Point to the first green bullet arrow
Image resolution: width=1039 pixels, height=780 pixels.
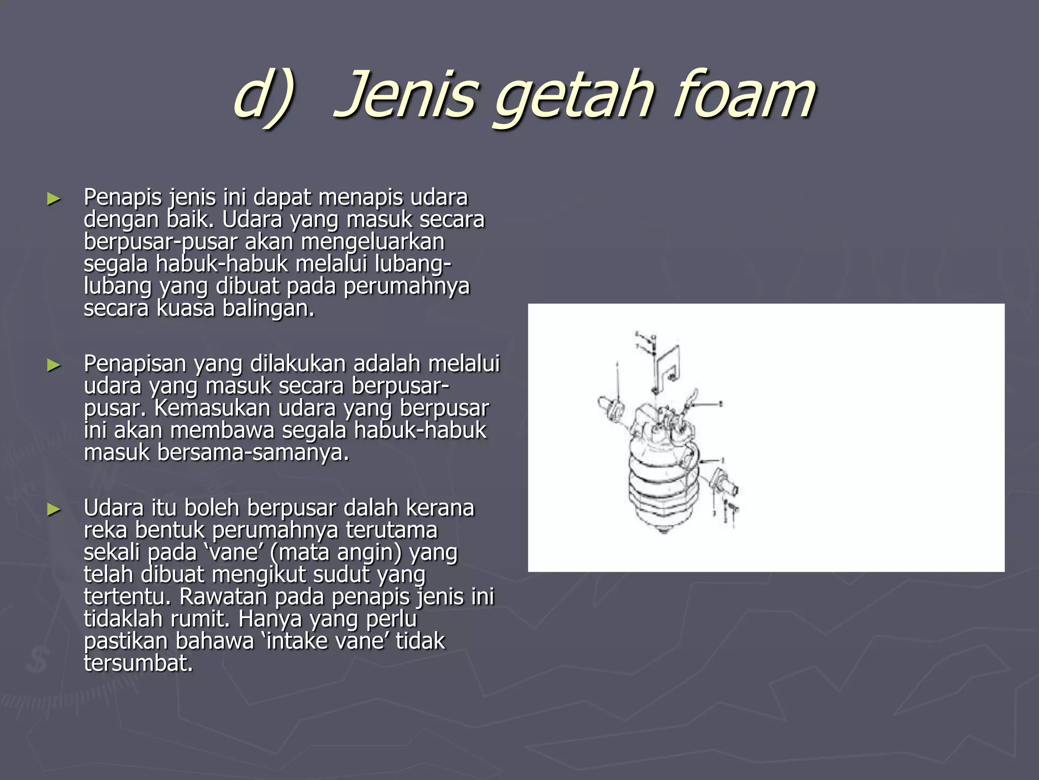click(54, 199)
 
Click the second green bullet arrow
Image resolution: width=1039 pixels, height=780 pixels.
click(54, 365)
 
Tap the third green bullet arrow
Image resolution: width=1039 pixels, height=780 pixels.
click(54, 509)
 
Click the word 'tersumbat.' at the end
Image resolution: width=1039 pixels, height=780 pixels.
click(138, 664)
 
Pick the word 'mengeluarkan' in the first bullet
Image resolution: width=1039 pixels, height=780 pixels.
click(372, 242)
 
